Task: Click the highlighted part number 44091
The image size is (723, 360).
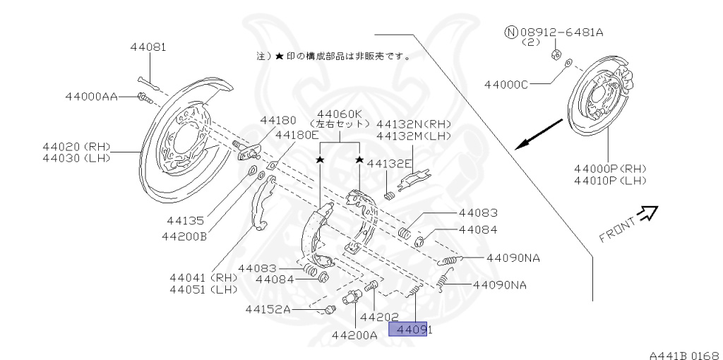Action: [x=409, y=329]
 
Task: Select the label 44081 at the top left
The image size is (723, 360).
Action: [x=148, y=47]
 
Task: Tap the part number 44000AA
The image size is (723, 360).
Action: [x=92, y=96]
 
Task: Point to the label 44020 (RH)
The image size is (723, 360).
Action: [x=76, y=146]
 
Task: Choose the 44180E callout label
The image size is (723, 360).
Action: [x=297, y=134]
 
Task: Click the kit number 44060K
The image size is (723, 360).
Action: [x=340, y=114]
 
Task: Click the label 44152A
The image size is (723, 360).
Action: [x=268, y=308]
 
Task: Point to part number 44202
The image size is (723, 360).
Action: [x=380, y=317]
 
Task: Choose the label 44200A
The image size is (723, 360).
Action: [x=354, y=335]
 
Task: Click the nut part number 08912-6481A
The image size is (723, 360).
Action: [x=563, y=32]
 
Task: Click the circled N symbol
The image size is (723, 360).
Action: [x=510, y=32]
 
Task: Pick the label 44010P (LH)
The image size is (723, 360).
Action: [x=611, y=181]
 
